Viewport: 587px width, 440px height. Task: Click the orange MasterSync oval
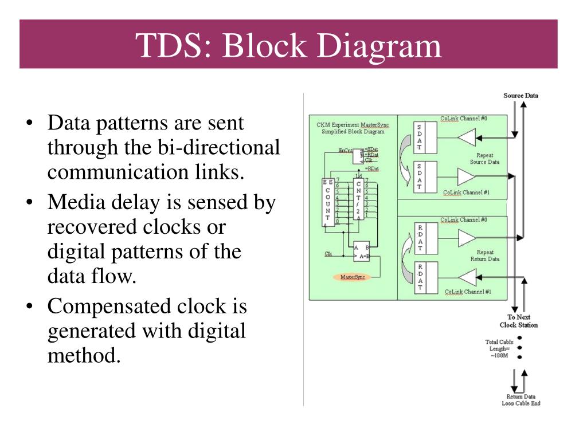point(352,277)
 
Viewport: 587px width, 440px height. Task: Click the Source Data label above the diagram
point(521,95)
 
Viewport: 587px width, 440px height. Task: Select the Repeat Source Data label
point(484,158)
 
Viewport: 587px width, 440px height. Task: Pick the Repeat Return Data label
point(484,256)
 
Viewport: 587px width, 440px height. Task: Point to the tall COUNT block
point(328,203)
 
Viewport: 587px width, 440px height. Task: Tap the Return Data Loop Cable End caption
point(521,399)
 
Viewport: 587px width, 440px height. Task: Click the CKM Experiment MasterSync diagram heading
point(353,128)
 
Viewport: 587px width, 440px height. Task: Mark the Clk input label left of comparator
point(328,254)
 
